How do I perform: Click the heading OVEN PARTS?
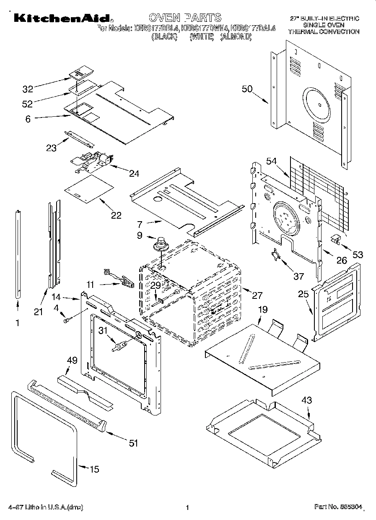(184, 18)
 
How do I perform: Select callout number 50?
(247, 89)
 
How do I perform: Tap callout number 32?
(28, 89)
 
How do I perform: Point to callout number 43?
(307, 400)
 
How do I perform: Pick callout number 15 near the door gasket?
(95, 469)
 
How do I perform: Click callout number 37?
(298, 276)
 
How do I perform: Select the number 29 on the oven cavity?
(156, 285)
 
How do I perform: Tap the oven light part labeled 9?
(160, 244)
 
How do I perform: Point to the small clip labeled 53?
(336, 239)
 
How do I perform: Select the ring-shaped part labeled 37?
(276, 255)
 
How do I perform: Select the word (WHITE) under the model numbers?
(202, 37)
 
